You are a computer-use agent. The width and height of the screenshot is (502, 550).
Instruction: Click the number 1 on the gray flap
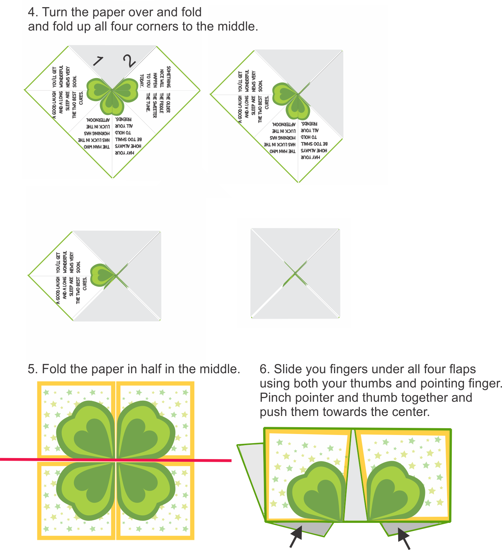coord(97,61)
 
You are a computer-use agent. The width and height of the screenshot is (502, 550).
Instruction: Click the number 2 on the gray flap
coord(129,61)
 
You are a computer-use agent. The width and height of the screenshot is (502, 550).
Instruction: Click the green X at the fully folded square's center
coord(295,273)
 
